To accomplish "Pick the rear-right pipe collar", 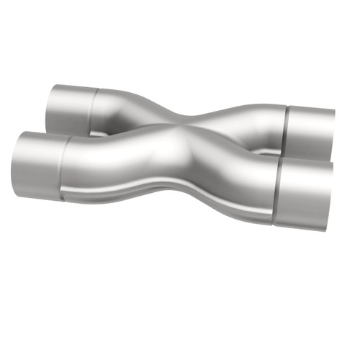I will pos(310,133).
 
